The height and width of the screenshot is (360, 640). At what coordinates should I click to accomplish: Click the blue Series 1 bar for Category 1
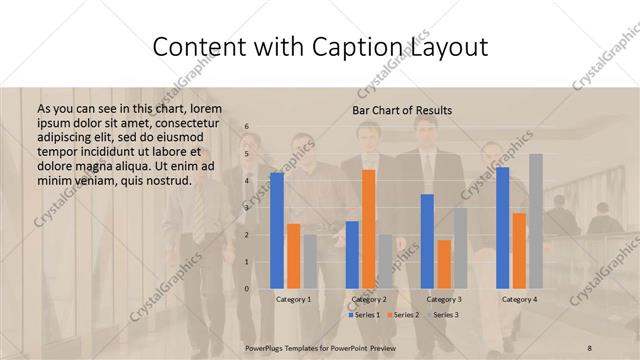(x=276, y=230)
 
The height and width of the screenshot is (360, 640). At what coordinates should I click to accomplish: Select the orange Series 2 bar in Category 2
(x=369, y=229)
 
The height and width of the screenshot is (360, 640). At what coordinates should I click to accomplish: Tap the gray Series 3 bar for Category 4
(x=536, y=221)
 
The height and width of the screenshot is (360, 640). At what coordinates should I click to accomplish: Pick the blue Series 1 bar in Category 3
(x=427, y=241)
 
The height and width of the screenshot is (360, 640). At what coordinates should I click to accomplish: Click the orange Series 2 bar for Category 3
(x=444, y=264)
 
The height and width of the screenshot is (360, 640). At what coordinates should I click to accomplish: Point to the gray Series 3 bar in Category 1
(x=310, y=262)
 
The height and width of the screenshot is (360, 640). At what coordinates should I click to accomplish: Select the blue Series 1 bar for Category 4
(x=502, y=228)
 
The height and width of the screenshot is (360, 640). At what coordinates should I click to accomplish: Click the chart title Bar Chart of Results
(x=402, y=110)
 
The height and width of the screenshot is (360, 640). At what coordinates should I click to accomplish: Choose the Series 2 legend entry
(x=403, y=315)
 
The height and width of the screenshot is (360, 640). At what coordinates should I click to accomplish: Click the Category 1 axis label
(x=293, y=299)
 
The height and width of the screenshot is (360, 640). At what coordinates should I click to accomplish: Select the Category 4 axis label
(x=519, y=299)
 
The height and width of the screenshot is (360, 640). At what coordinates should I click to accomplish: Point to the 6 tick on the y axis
(x=247, y=127)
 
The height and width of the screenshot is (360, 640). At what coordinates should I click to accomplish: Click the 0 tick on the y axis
(x=247, y=289)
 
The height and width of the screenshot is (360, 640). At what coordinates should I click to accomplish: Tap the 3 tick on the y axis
(x=247, y=208)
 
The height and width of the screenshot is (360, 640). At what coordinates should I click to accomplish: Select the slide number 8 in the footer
(x=590, y=345)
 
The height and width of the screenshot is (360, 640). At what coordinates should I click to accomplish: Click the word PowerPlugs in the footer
(x=266, y=345)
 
